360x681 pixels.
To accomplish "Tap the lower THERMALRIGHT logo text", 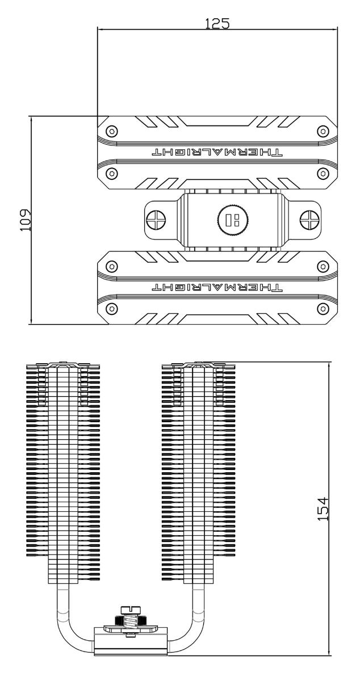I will [x=217, y=288].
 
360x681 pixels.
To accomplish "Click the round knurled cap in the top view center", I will [x=231, y=220].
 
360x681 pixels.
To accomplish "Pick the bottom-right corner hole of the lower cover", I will [x=323, y=308].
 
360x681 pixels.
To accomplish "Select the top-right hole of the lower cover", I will [x=323, y=266].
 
